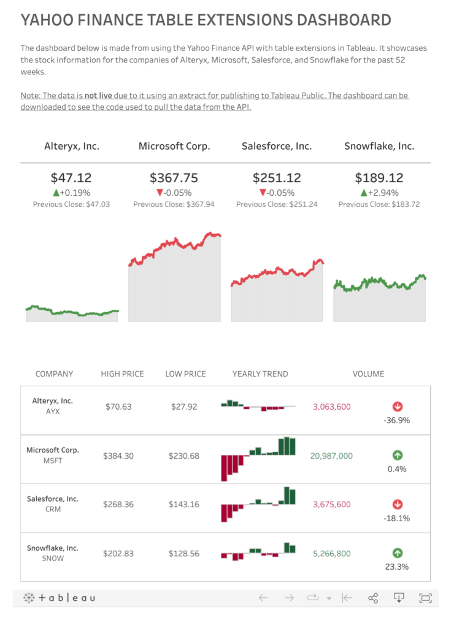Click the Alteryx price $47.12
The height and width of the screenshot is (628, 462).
click(71, 178)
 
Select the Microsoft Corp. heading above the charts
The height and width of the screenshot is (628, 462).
click(174, 146)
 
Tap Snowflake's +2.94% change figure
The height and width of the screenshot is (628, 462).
click(379, 193)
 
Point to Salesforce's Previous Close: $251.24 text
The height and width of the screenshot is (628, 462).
click(277, 204)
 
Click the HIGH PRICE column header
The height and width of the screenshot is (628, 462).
click(123, 373)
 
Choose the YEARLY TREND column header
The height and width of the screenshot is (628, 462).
click(260, 373)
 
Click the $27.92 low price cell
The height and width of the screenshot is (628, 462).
click(183, 407)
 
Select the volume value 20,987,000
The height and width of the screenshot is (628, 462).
click(331, 456)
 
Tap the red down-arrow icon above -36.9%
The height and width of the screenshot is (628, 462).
click(397, 406)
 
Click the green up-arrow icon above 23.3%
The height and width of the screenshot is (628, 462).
click(397, 553)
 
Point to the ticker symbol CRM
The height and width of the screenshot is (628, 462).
click(53, 509)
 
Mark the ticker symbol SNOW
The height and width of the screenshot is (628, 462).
click(53, 558)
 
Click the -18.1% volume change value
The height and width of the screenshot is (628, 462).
click(397, 518)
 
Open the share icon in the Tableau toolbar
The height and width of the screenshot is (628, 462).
click(372, 598)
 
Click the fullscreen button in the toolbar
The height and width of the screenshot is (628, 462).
click(425, 598)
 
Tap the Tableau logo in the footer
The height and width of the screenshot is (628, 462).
click(60, 598)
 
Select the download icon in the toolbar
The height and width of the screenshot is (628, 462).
click(399, 598)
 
